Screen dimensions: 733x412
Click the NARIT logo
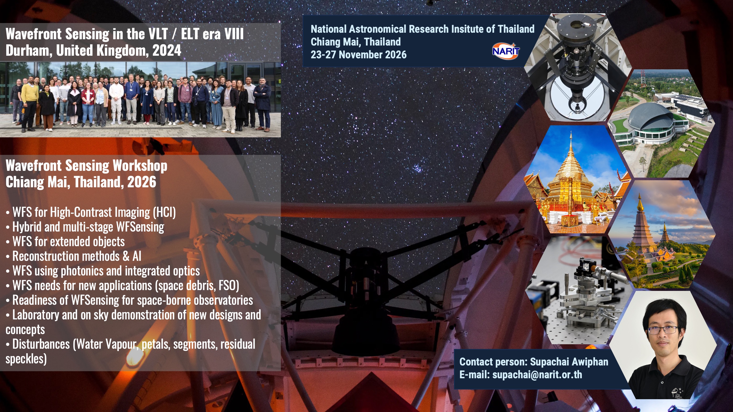pos(506,51)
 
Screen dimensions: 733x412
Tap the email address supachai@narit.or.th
pos(537,375)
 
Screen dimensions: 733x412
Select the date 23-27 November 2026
pos(359,55)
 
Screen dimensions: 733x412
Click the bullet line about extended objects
pos(65,242)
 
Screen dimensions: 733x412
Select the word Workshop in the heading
pos(140,166)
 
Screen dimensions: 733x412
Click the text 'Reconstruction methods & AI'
pos(74,256)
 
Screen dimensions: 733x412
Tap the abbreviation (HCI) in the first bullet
pos(164,212)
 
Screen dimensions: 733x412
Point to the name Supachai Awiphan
pos(569,362)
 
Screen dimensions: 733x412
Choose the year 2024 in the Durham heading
pos(167,50)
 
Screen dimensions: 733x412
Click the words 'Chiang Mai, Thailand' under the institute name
pos(356,42)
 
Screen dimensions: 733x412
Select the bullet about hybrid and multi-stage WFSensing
pos(85,227)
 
